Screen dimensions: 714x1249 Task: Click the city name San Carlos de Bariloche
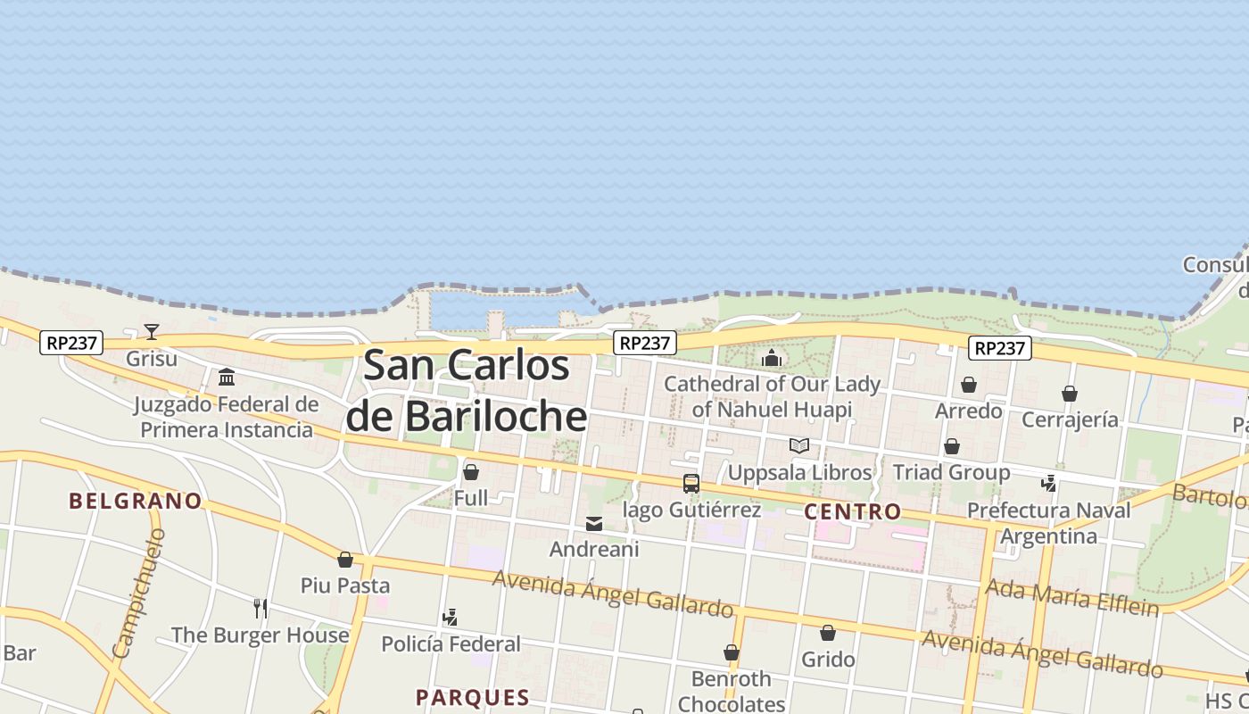[x=466, y=391]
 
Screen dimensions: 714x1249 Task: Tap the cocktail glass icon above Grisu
[x=152, y=332]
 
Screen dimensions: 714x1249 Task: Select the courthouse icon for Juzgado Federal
[x=227, y=377]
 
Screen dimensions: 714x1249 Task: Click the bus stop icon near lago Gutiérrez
[x=691, y=484]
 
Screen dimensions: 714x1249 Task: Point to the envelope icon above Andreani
[x=594, y=524]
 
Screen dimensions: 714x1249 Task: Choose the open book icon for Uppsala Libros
[x=799, y=445]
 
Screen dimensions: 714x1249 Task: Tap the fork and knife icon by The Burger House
[x=261, y=609]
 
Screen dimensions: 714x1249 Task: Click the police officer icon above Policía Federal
[x=451, y=617]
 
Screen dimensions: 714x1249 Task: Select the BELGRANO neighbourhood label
[x=136, y=501]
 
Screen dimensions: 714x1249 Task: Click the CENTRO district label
[x=853, y=511]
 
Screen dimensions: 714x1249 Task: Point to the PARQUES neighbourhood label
[x=473, y=697]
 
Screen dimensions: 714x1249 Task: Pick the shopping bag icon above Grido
[x=828, y=633]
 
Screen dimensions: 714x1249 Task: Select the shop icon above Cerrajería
[x=1070, y=394]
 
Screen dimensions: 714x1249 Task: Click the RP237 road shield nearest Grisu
[x=71, y=342]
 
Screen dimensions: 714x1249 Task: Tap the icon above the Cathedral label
[x=772, y=359]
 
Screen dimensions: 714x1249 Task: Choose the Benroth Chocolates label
[x=732, y=691]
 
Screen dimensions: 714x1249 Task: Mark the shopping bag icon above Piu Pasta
[x=345, y=560]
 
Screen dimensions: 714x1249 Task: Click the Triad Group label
[x=951, y=472]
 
